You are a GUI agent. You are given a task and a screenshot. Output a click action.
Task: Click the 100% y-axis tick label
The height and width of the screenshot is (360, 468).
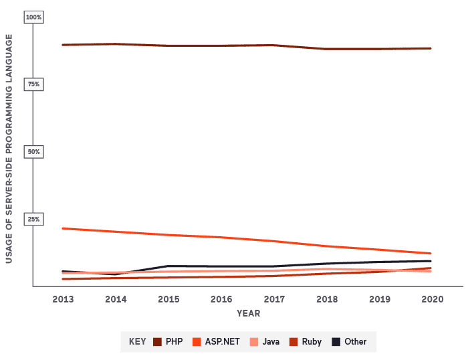pos(33,17)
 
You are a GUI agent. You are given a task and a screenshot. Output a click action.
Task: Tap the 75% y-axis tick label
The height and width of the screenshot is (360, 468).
pos(33,84)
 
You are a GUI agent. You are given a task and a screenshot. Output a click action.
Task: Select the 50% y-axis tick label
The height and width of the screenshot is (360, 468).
pos(33,152)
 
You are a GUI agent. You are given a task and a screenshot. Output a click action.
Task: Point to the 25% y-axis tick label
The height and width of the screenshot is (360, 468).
pos(33,219)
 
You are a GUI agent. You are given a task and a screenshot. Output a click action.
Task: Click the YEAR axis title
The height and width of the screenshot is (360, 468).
pos(248,313)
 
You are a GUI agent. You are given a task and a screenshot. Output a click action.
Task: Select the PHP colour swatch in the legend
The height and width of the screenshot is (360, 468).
pos(158,342)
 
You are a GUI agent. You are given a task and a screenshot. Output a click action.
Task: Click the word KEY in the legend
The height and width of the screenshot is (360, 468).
pos(137,342)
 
